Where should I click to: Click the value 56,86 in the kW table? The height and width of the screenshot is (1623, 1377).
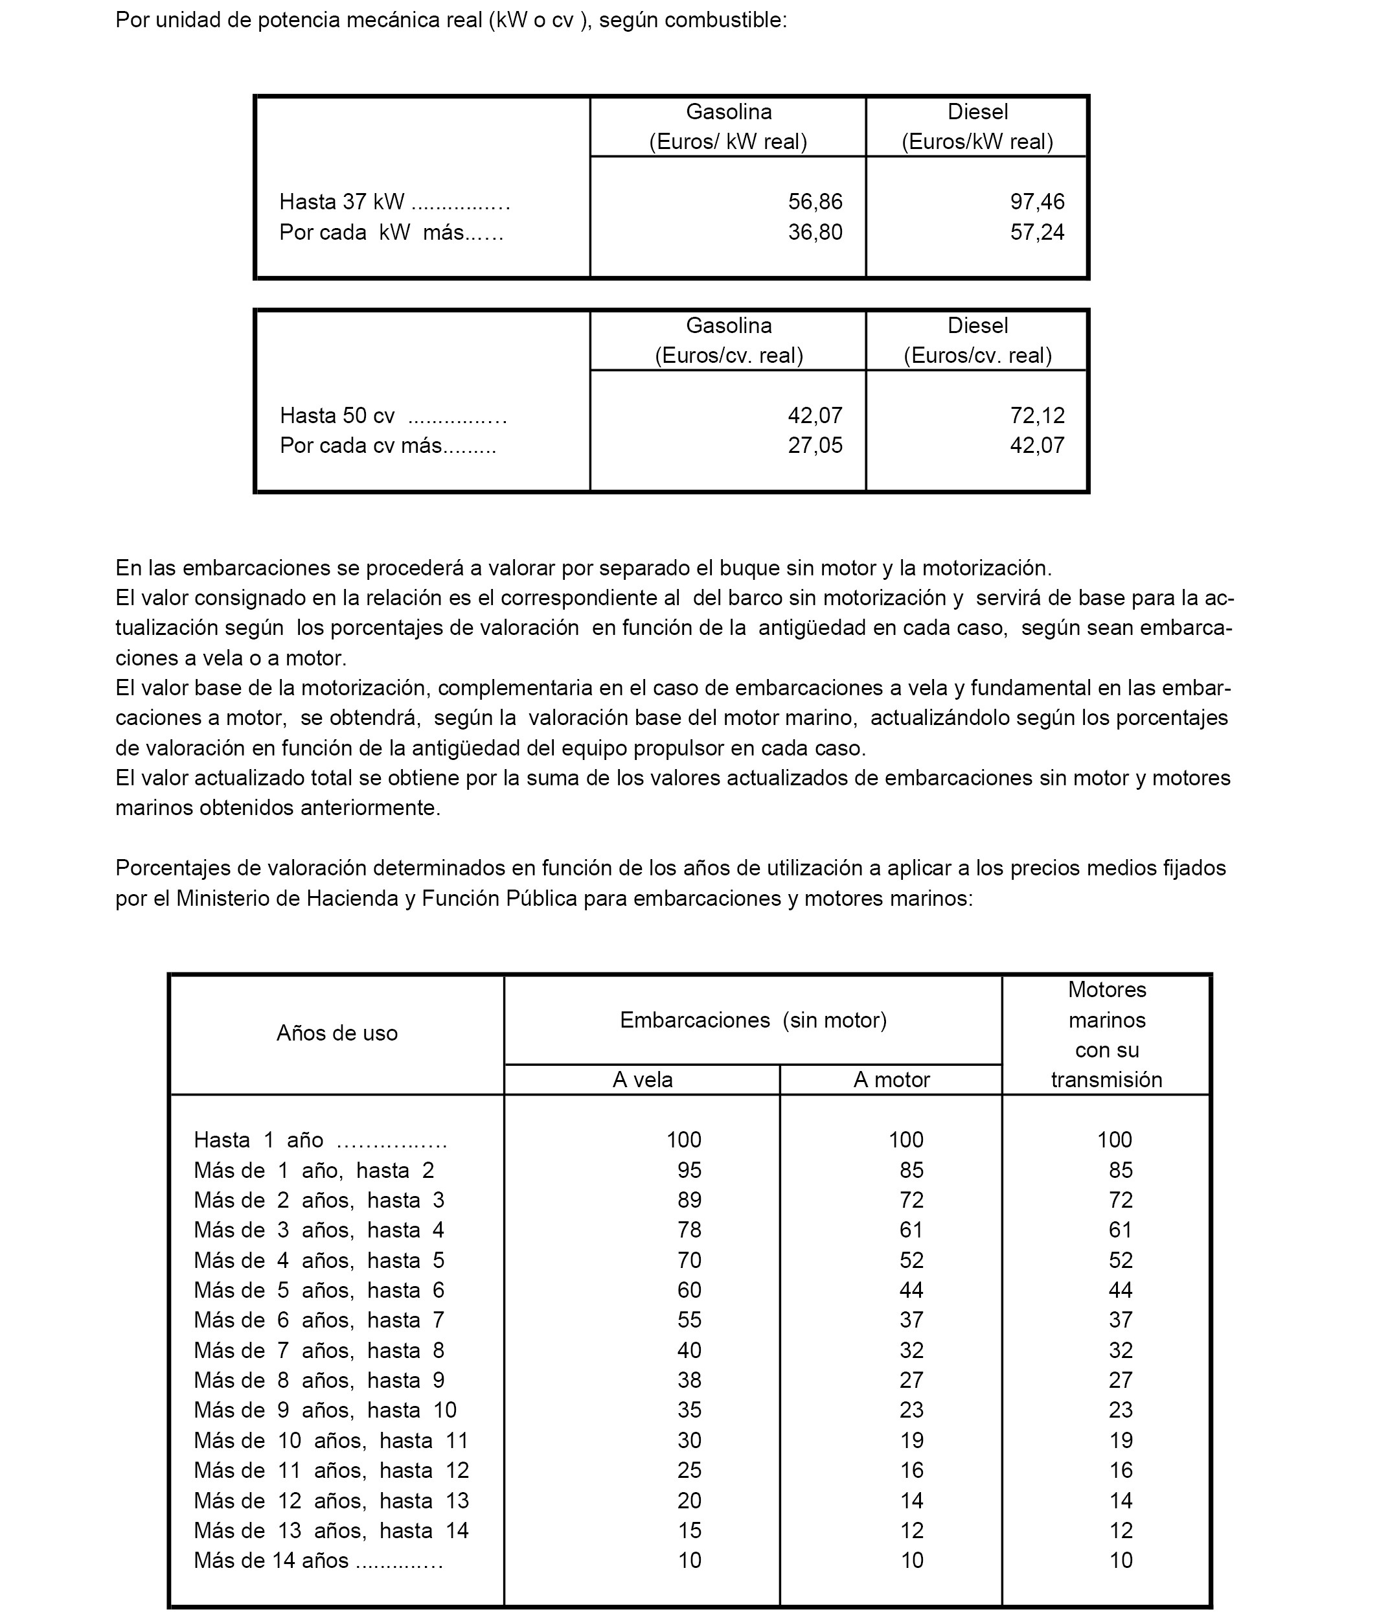click(x=815, y=202)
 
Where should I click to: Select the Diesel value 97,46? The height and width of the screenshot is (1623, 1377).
click(x=1037, y=202)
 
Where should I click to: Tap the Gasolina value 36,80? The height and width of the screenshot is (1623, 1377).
click(x=815, y=233)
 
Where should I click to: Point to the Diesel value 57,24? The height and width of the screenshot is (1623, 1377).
click(x=1037, y=233)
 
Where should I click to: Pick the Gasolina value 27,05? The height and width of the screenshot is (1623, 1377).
click(x=815, y=446)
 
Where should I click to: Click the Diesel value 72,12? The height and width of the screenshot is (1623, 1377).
click(x=1037, y=415)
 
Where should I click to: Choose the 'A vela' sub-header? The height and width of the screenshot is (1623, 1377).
click(x=642, y=1079)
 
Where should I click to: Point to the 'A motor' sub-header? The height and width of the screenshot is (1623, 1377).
click(x=891, y=1079)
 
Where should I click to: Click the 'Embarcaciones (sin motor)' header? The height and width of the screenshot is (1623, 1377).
click(x=753, y=1020)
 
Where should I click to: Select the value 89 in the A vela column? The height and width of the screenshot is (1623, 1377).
click(x=689, y=1200)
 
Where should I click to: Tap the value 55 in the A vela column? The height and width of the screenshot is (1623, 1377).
click(x=689, y=1320)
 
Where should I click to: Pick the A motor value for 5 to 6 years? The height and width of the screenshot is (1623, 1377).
click(x=911, y=1291)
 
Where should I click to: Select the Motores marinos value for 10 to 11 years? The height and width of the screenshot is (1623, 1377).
click(x=1120, y=1440)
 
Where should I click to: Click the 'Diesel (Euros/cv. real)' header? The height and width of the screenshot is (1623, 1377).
click(x=977, y=340)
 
